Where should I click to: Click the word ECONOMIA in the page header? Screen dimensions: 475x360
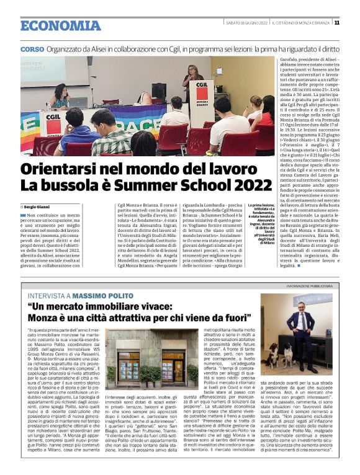(x=60, y=25)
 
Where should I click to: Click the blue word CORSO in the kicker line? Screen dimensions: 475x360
(x=32, y=48)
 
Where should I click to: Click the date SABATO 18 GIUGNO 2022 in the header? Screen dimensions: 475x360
(x=246, y=22)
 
